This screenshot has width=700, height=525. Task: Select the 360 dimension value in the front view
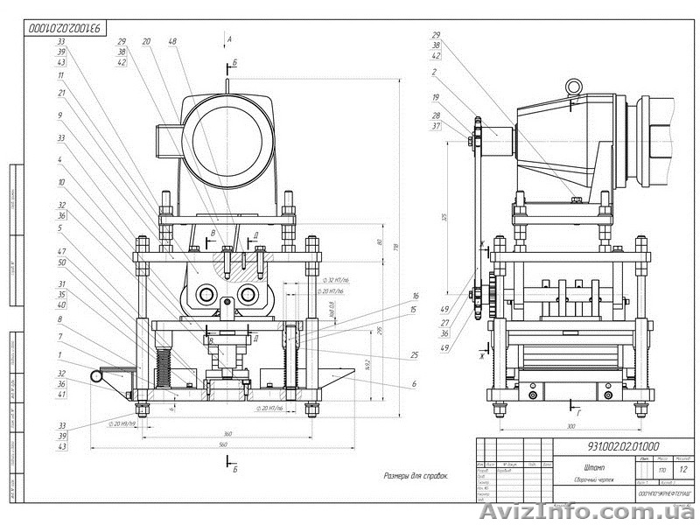pos(227,432)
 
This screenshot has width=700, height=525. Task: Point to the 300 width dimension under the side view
pos(570,425)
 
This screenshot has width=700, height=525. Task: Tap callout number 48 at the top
pos(173,41)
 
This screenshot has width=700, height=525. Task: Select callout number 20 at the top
pos(146,41)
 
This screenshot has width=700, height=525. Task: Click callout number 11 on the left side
pos(60,75)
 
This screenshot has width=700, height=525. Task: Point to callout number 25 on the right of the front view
pos(413,355)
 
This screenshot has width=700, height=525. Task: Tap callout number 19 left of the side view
pos(435,99)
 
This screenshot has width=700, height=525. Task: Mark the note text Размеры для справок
pos(416,477)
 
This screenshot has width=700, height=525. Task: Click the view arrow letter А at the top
pos(228,40)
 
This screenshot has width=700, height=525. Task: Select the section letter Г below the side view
pos(578,409)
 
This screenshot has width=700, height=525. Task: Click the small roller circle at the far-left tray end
pos(94,375)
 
